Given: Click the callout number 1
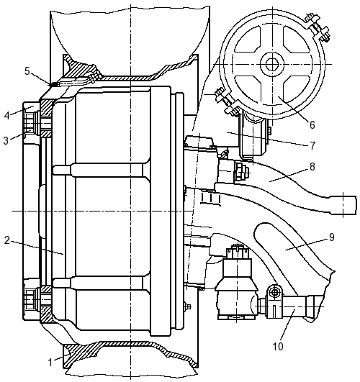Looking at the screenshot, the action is tap(50, 363).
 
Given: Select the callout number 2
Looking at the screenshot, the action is tap(7, 240).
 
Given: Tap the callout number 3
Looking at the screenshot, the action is tap(6, 140).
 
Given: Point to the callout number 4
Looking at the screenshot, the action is tap(6, 115).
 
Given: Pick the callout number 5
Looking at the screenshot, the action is tap(27, 71).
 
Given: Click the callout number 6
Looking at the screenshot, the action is tap(312, 124).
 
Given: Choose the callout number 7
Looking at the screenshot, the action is tap(313, 145).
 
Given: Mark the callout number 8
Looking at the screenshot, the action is tap(312, 167).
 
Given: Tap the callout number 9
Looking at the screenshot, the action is tap(332, 237).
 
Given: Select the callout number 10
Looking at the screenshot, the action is tap(278, 347).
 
